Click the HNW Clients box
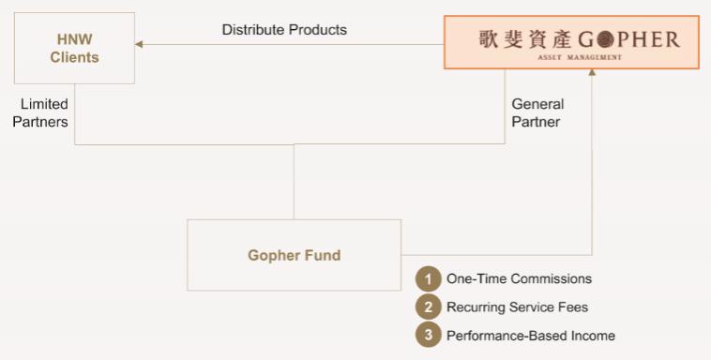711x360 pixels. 74,48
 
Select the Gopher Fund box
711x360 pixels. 294,255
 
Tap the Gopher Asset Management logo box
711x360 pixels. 571,42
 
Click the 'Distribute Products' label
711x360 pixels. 284,30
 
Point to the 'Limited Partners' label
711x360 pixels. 40,112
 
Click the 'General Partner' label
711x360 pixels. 537,112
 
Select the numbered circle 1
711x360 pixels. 428,278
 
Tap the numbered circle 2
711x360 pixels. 428,307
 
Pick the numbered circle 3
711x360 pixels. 428,336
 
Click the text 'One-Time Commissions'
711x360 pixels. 520,278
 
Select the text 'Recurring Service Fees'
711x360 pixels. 518,307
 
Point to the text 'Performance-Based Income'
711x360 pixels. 531,336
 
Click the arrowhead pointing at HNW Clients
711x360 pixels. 139,44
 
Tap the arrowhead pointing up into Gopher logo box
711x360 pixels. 592,72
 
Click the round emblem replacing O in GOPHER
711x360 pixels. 605,40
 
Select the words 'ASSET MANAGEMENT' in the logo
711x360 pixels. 580,57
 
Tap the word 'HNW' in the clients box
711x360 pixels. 74,39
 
